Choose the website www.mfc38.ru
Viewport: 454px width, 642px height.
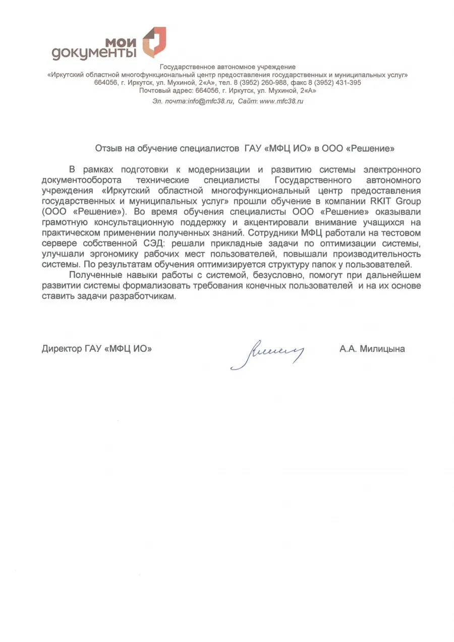(281, 101)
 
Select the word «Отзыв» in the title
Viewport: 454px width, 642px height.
(108, 149)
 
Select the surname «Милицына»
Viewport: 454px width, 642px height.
(383, 348)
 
